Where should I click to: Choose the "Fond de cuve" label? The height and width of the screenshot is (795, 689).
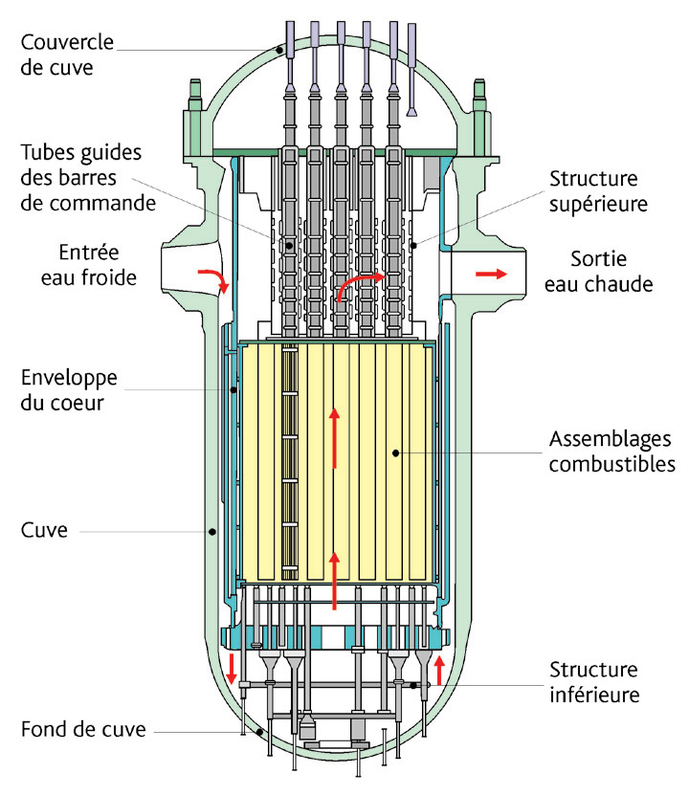84,730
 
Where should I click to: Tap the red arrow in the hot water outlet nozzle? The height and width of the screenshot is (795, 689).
488,275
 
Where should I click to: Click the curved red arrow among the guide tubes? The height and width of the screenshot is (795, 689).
359,284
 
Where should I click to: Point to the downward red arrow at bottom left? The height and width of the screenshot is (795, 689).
231,669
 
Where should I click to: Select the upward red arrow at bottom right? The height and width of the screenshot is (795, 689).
439,668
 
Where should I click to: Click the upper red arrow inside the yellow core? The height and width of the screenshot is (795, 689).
334,437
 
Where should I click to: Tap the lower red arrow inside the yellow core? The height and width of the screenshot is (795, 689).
334,580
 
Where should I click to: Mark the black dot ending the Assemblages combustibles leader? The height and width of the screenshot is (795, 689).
394,451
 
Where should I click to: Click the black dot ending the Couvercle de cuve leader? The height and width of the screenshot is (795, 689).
282,50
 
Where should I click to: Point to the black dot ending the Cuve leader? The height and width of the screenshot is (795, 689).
212,531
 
